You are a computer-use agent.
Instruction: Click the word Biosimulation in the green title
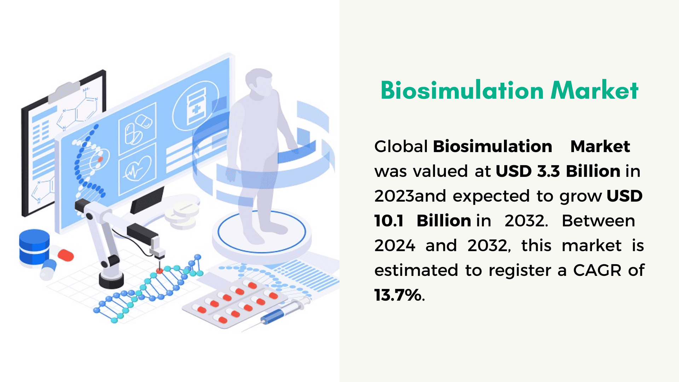point(462,90)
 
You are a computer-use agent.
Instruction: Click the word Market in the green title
point(594,90)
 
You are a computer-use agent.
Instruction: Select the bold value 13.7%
point(398,295)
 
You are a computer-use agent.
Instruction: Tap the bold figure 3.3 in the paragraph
point(549,171)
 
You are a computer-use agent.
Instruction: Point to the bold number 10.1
point(389,221)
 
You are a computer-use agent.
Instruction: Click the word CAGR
point(597,270)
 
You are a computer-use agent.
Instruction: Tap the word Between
point(598,221)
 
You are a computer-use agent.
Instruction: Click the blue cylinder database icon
point(34,247)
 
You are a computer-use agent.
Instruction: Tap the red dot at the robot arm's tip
point(159,271)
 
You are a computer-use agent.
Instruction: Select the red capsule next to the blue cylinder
point(65,255)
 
